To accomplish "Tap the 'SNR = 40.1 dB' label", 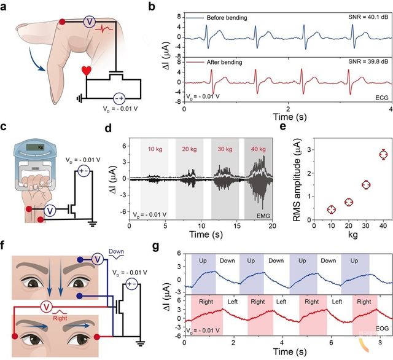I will coord(359,18).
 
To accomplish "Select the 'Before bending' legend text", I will coord(226,18).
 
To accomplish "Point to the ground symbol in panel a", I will coord(79,98).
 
